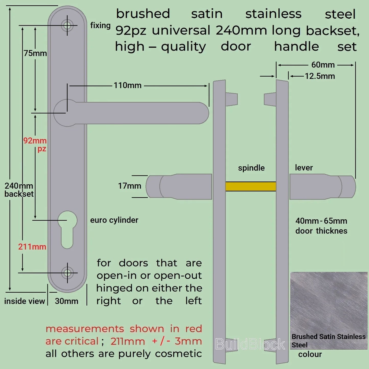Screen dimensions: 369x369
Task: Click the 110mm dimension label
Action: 127,85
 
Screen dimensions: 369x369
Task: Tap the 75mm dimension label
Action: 35,53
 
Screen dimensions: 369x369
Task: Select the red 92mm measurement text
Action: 35,141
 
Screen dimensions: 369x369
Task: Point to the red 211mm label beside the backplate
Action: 32,247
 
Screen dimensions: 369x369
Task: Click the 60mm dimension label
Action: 323,65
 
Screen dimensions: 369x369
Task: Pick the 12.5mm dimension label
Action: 320,76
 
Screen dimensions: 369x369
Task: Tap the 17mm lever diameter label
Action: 129,186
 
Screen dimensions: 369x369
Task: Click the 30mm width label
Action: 66,301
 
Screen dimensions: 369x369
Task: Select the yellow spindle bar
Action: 251,186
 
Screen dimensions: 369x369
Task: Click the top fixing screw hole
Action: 67,25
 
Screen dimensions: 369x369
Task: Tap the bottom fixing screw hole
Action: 67,273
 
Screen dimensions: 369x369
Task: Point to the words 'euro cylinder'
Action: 114,220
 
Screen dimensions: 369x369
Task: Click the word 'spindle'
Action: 251,168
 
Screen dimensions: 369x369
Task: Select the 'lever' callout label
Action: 304,168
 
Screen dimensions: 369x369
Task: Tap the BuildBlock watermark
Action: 250,344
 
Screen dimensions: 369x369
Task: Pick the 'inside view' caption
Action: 25,301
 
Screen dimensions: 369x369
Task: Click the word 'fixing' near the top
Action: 100,26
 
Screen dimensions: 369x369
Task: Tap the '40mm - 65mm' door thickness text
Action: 321,221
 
